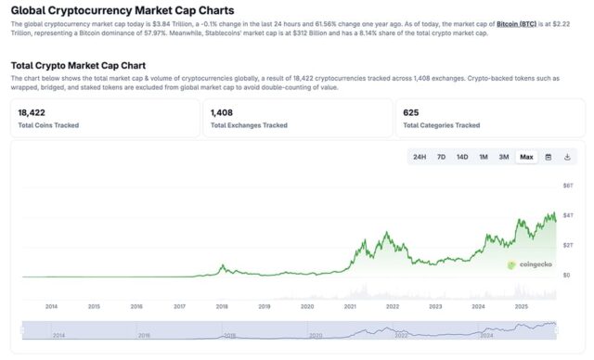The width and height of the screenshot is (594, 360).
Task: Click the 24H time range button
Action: point(420,157)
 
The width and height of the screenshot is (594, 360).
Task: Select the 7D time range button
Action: point(441,157)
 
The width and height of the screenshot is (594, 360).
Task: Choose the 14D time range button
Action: point(462,157)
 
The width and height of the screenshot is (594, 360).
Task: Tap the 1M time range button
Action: point(484,157)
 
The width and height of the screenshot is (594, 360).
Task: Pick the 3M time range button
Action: point(504,157)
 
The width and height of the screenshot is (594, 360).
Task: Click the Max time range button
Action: point(526,157)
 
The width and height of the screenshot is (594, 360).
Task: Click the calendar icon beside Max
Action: point(549,157)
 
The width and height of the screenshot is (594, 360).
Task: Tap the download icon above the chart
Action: point(567,157)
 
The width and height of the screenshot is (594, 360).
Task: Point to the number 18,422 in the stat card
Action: point(32,112)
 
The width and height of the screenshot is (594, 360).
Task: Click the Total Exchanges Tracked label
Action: point(249,125)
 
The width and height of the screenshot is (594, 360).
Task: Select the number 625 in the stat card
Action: point(411,112)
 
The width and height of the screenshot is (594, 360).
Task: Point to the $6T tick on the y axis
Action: point(568,186)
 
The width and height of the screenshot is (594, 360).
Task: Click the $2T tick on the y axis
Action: point(568,245)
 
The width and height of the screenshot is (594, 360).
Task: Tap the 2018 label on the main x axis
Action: point(222,305)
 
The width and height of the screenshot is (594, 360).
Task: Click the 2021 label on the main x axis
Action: point(350,305)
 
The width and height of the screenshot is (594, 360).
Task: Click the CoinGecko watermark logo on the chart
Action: point(530,264)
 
